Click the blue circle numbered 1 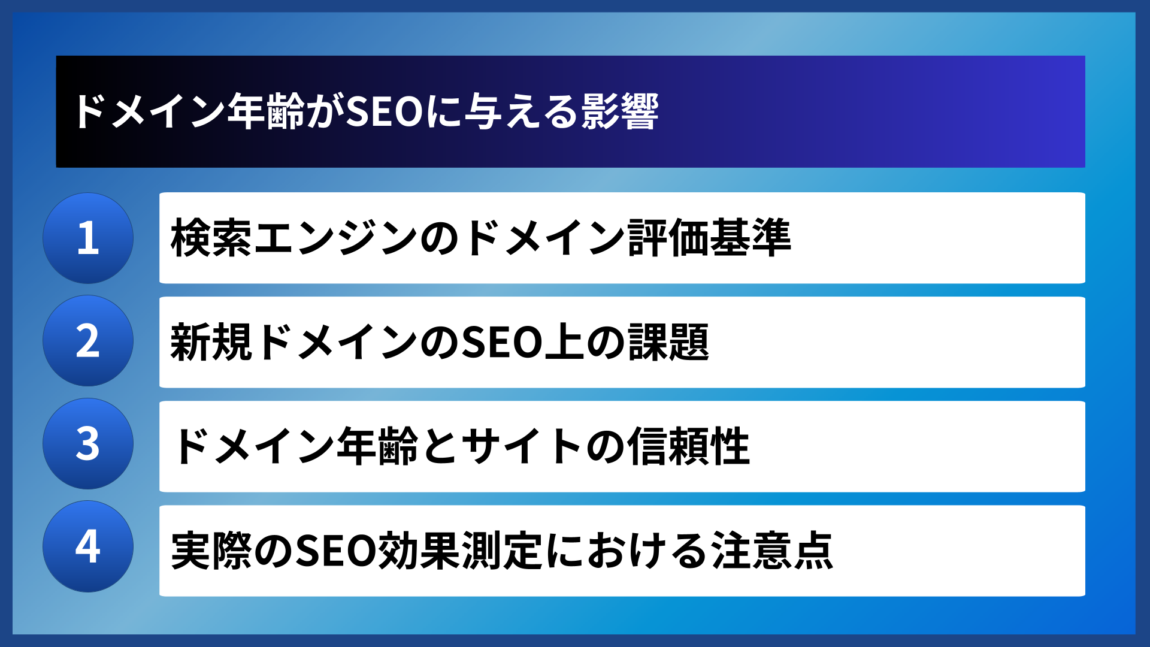88,238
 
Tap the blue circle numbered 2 88,341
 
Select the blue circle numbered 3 88,444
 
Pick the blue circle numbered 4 88,546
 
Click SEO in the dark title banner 385,112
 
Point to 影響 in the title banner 619,112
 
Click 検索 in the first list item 211,238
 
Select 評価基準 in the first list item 710,238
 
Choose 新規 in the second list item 211,342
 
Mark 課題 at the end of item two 668,342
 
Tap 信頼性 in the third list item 689,446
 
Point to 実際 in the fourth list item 211,551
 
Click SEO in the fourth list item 336,551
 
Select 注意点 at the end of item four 771,551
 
